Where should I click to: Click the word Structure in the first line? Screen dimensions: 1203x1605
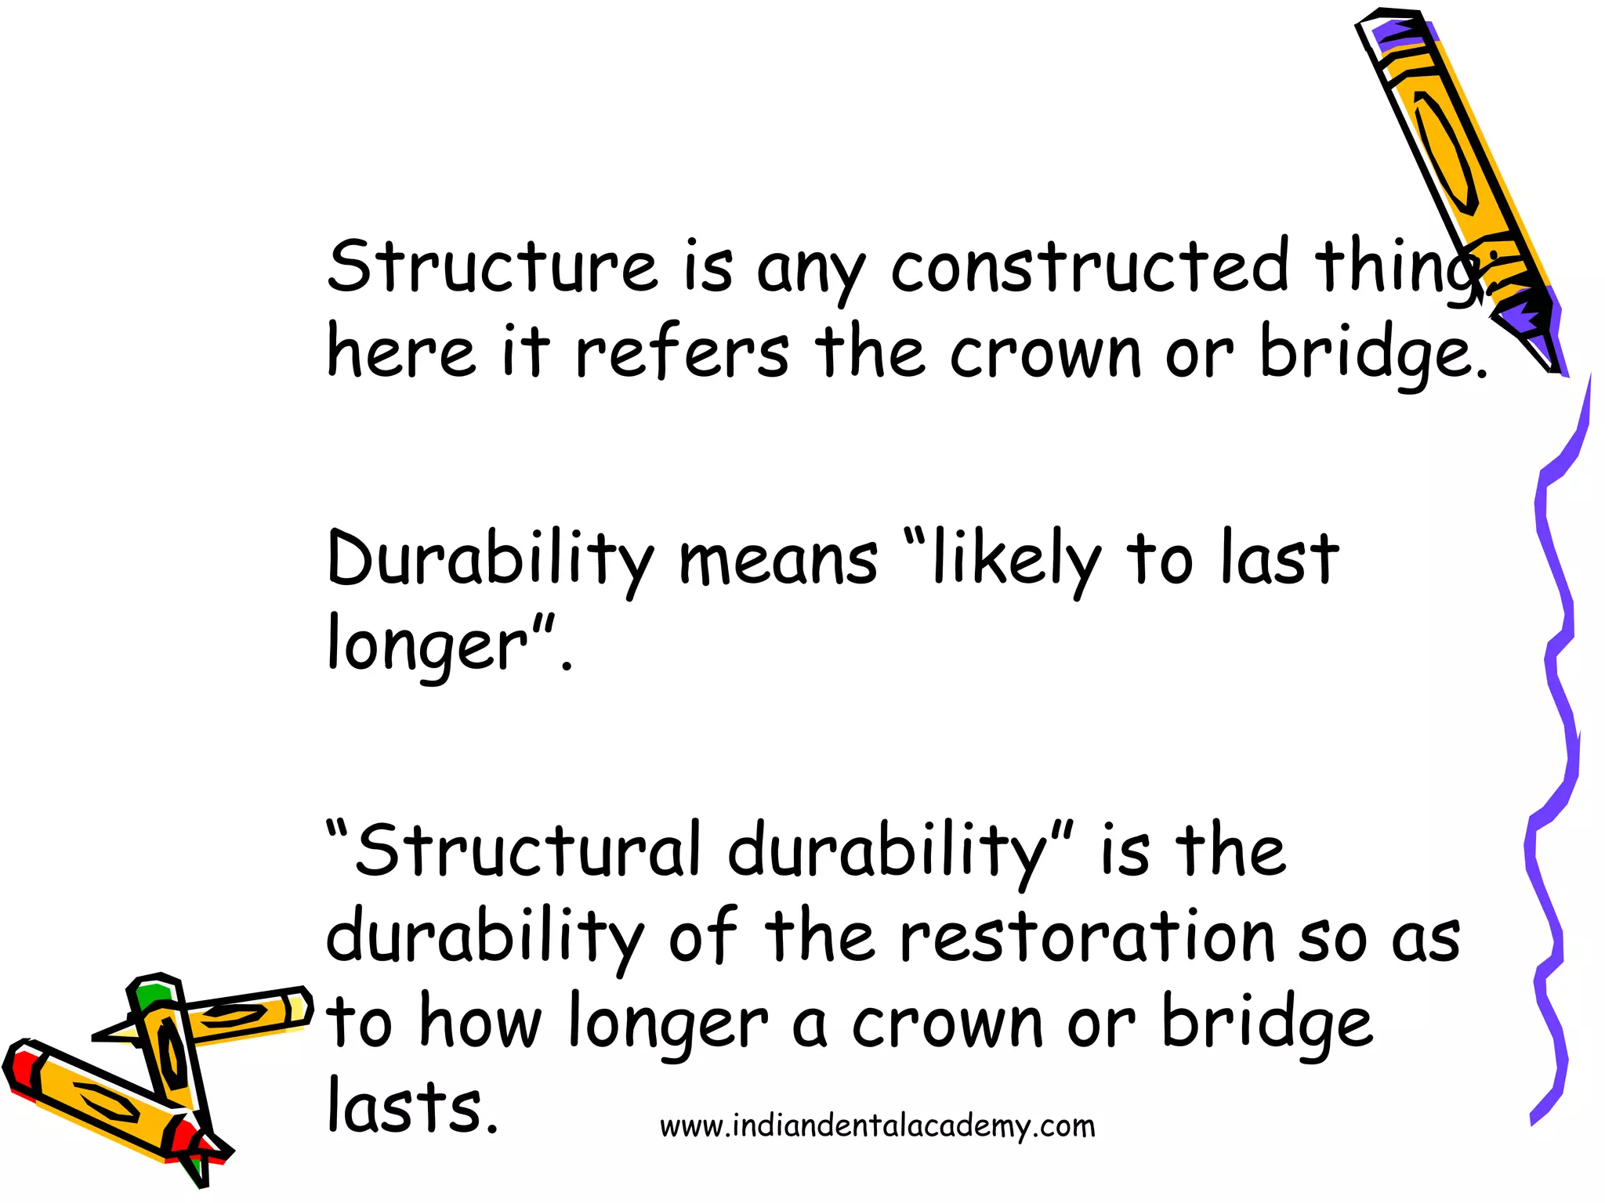492,266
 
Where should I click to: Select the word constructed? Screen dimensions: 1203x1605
1089,266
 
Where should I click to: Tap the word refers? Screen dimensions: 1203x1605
683,352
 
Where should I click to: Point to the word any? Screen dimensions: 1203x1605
811,270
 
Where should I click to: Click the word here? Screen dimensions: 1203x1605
401,352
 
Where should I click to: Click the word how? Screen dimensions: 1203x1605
480,1022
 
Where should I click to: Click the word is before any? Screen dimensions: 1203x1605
708,266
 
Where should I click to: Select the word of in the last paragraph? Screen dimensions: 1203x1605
703,936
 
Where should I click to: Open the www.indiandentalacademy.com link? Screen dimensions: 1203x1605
877,1126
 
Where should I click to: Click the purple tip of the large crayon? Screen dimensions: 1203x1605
1528,325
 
